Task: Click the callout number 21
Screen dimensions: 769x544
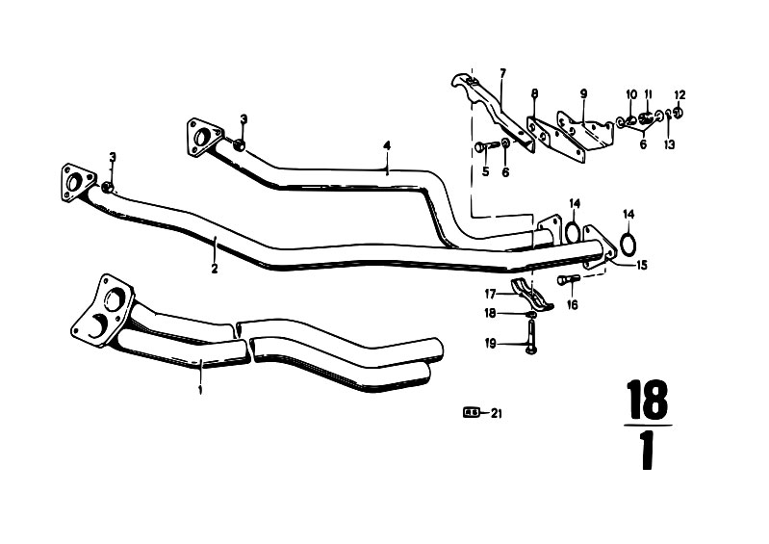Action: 497,414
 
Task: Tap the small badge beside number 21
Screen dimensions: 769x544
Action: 471,413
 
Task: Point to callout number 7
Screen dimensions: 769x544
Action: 502,73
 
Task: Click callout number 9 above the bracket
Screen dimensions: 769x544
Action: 583,93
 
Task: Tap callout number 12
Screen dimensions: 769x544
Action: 679,94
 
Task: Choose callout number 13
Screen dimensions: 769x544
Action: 670,144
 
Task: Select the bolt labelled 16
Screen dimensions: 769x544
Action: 569,280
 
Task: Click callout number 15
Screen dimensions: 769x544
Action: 642,266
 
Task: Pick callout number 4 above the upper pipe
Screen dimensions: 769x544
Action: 387,145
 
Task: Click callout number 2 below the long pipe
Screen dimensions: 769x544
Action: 215,269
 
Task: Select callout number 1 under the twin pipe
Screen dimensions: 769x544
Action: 200,390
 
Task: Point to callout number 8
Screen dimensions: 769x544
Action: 534,93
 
